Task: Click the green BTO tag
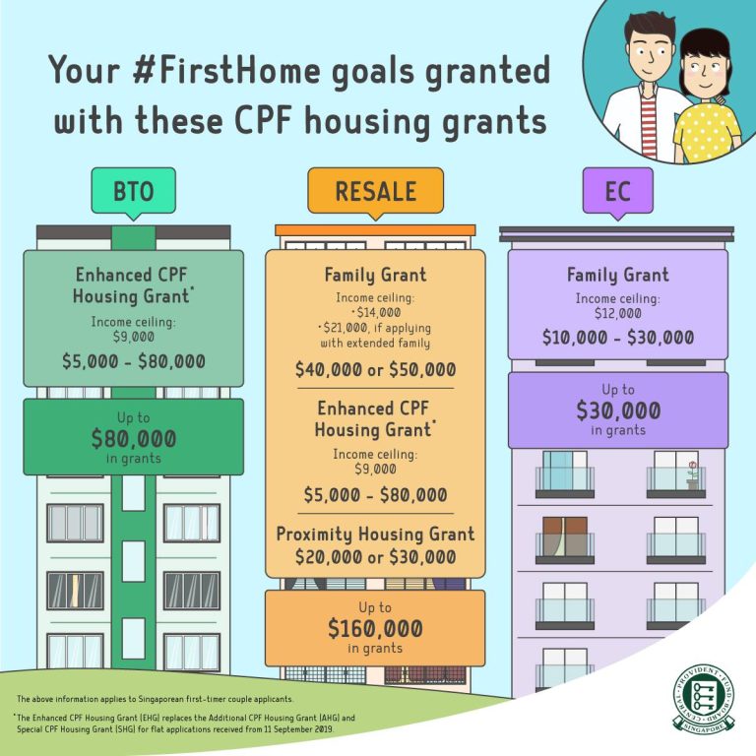point(133,190)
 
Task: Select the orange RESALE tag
point(375,190)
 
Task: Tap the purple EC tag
point(617,189)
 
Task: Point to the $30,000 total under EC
point(617,410)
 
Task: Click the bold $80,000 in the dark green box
point(133,439)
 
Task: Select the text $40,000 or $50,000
point(375,369)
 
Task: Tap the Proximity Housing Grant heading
point(375,535)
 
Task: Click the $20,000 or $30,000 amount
point(375,557)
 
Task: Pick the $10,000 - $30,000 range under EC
point(617,338)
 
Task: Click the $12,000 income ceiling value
point(617,313)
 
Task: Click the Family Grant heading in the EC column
point(617,275)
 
